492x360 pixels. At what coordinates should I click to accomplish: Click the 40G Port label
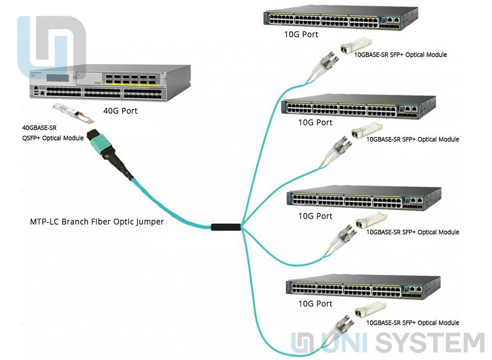coord(120,111)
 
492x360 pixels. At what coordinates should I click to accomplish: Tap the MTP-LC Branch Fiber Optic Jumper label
coord(97,222)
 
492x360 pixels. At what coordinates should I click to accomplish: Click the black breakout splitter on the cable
coord(226,227)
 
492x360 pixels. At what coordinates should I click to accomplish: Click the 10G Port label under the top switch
coord(301,34)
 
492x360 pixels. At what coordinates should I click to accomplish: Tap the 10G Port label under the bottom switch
coord(315,303)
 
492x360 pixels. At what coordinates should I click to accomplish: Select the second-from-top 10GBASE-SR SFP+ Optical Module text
coord(413,139)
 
